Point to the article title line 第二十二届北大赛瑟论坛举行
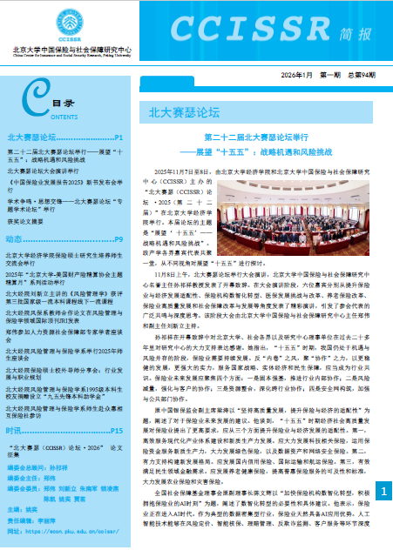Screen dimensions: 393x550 252,137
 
